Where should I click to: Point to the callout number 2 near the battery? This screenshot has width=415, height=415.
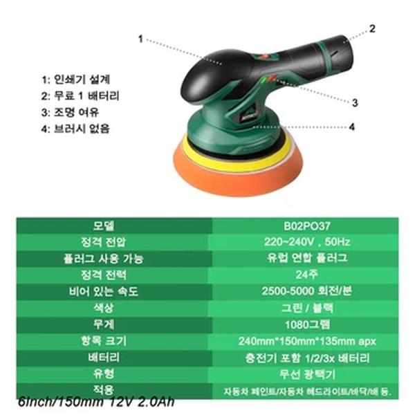coord(371,29)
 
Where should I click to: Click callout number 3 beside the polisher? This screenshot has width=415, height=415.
coord(354,102)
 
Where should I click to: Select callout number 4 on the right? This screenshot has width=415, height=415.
coord(351,127)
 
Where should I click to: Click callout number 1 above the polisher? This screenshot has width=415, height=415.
coord(140,39)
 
